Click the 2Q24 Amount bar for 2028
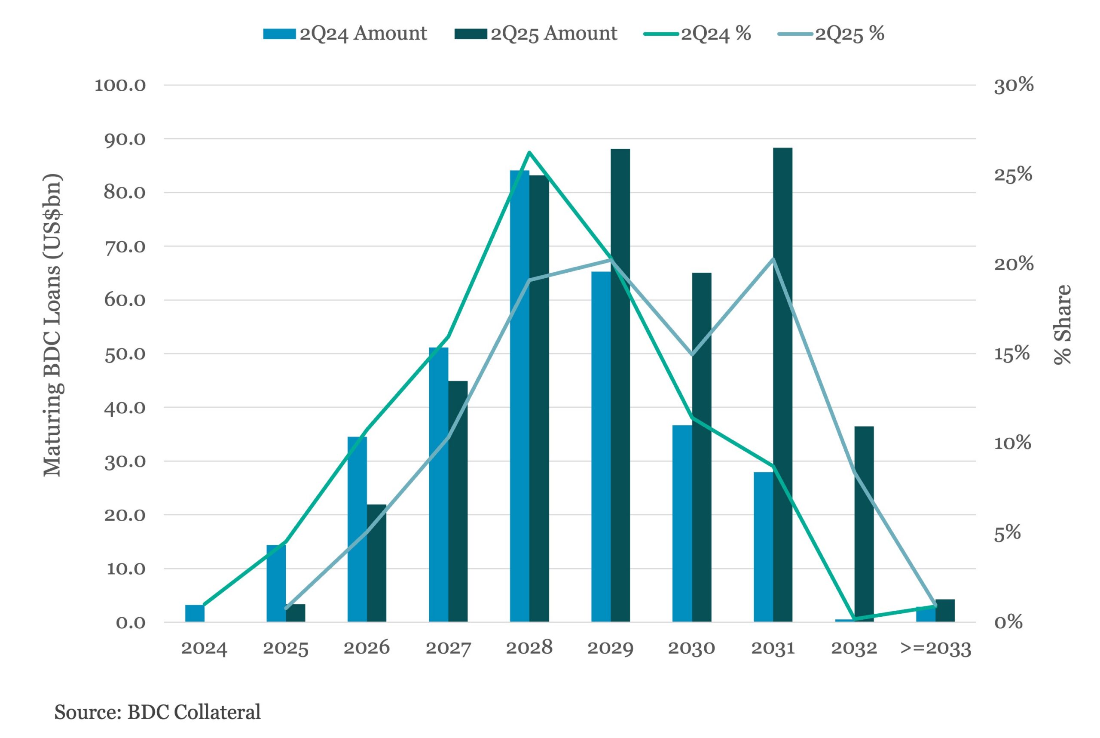[x=519, y=396]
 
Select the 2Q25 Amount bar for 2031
[x=782, y=385]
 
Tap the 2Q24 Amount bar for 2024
[x=195, y=613]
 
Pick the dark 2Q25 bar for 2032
[x=864, y=524]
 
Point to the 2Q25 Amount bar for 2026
[x=376, y=563]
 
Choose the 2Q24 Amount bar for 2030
[x=682, y=524]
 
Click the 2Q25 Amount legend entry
[x=536, y=34]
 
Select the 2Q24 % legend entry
[x=697, y=34]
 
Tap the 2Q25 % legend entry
[x=831, y=34]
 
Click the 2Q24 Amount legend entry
[x=345, y=34]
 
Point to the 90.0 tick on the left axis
[x=125, y=139]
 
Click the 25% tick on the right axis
[x=1013, y=175]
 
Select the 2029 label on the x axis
[x=611, y=649]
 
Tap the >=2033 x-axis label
[x=936, y=649]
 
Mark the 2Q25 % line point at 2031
[x=773, y=259]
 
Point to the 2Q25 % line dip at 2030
[x=692, y=354]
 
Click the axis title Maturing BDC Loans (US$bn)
[x=52, y=325]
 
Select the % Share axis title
[x=1062, y=325]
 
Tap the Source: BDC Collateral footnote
[x=158, y=712]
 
